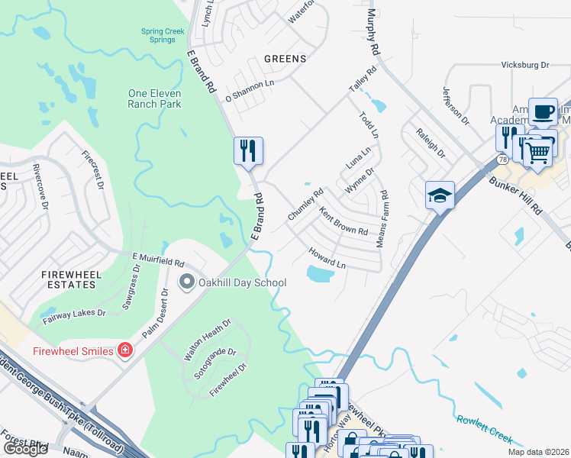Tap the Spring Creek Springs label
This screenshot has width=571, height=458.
click(x=163, y=36)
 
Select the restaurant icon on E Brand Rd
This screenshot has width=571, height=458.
click(x=248, y=150)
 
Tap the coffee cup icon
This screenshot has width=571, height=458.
click(x=543, y=111)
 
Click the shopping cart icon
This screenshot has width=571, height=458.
click(x=538, y=153)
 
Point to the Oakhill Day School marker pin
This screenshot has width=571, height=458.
click(x=185, y=282)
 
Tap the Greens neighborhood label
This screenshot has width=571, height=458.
click(x=285, y=59)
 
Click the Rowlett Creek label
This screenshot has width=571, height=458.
click(x=484, y=427)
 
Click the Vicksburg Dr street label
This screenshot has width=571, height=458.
click(x=525, y=66)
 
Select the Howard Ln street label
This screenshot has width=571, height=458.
click(x=327, y=257)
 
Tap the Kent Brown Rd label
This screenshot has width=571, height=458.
click(x=344, y=221)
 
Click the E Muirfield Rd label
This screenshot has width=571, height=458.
click(x=158, y=260)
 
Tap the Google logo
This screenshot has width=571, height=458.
click(x=25, y=449)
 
